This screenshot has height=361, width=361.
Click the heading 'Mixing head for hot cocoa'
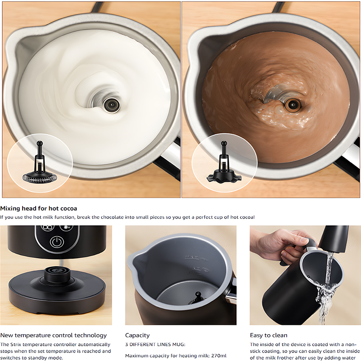point(39,209)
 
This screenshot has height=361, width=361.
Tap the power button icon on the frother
point(57,242)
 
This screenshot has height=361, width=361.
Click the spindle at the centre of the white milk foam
point(112,105)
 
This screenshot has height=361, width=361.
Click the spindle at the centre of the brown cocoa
point(293,105)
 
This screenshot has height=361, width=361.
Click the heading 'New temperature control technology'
point(54,336)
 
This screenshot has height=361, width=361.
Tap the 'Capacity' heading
point(138,336)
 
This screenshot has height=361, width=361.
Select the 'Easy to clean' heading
point(269,335)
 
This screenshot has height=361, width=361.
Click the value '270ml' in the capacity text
point(219,356)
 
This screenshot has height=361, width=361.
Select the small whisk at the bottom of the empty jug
point(197,299)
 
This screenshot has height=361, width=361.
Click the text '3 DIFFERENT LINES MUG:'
point(155,344)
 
